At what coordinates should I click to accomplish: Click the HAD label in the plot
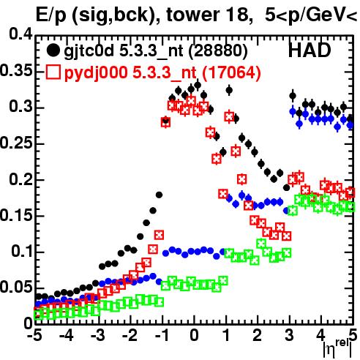tap(310, 50)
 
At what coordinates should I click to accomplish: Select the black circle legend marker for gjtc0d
tap(53, 50)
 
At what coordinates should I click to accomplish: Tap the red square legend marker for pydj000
tap(53, 72)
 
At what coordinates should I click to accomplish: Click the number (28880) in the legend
tap(218, 51)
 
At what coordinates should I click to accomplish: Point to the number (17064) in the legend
tap(231, 72)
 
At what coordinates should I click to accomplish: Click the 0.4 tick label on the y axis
tap(20, 34)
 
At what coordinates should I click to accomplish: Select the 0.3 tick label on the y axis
tap(20, 107)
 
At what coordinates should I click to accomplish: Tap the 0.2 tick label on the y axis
tap(20, 179)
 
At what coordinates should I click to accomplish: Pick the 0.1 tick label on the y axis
tap(22, 251)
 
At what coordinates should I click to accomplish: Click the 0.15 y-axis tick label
tap(16, 216)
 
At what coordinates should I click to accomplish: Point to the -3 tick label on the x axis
tap(99, 336)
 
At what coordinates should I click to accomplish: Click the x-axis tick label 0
tap(194, 336)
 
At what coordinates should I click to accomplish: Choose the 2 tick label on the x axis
tap(257, 336)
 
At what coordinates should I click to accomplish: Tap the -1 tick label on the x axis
tap(162, 336)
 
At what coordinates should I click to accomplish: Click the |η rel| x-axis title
tap(337, 349)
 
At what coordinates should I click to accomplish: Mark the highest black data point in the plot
tap(198, 86)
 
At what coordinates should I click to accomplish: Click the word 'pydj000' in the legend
tap(96, 73)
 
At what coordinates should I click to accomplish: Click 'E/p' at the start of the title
tap(51, 15)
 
